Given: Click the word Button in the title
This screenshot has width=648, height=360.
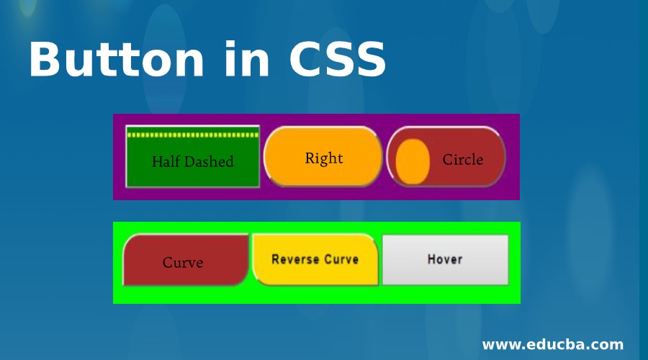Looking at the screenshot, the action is pyautogui.click(x=117, y=58).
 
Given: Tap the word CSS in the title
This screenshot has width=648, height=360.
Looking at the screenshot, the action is pyautogui.click(x=338, y=59).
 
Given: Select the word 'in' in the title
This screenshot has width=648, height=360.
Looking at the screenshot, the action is pyautogui.click(x=247, y=58).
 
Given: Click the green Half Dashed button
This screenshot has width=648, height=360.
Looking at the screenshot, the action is pyautogui.click(x=192, y=157).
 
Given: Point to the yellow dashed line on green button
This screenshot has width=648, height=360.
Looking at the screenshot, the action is pyautogui.click(x=193, y=135).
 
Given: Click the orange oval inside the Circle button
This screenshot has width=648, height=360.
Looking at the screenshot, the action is pyautogui.click(x=413, y=161).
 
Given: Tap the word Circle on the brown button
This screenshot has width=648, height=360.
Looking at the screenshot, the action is pyautogui.click(x=463, y=160).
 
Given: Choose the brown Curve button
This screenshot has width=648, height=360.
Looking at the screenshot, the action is pyautogui.click(x=186, y=260).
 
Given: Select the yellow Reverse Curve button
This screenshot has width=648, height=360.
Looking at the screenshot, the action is pyautogui.click(x=315, y=260).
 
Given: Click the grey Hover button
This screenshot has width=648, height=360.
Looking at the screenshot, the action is pyautogui.click(x=445, y=260).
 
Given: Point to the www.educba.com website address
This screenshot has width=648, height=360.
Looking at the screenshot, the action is pyautogui.click(x=552, y=344).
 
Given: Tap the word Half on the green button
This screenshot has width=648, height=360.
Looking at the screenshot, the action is pyautogui.click(x=165, y=161).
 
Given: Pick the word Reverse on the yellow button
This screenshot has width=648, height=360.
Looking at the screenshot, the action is pyautogui.click(x=295, y=260).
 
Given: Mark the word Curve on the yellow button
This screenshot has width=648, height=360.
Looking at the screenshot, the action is pyautogui.click(x=341, y=260).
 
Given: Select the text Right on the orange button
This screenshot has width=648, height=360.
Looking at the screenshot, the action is pyautogui.click(x=324, y=158).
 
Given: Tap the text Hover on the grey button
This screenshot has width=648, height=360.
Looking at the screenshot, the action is pyautogui.click(x=445, y=260).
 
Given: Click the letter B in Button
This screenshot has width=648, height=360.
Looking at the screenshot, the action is pyautogui.click(x=42, y=59).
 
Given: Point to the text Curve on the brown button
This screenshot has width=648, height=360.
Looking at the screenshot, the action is pyautogui.click(x=183, y=263).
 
